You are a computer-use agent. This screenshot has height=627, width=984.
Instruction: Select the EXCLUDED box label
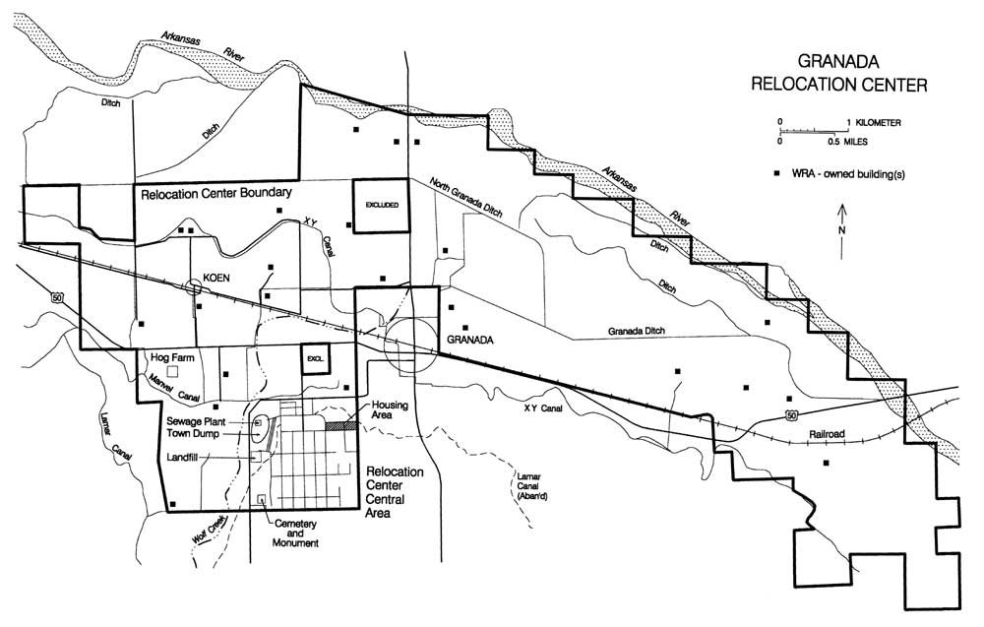(x=382, y=206)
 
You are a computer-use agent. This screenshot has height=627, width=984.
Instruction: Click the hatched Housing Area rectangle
(x=339, y=425)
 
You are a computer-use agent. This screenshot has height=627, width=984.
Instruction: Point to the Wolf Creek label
(x=210, y=533)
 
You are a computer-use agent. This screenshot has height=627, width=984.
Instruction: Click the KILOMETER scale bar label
(x=878, y=123)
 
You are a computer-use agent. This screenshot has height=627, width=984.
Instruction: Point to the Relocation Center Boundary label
(x=215, y=194)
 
